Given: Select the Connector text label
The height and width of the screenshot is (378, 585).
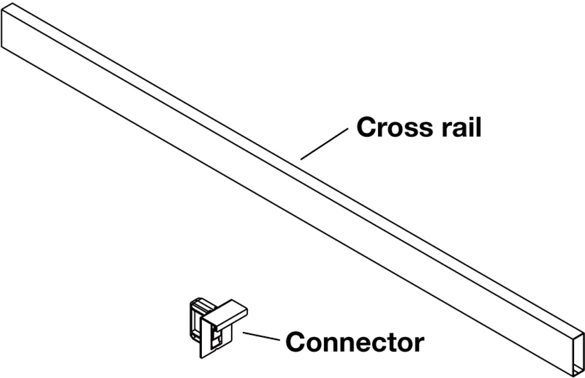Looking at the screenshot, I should point(355,342).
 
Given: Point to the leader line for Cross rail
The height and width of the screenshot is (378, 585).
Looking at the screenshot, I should point(324,143).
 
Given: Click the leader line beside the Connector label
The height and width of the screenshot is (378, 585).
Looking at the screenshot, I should point(262,337).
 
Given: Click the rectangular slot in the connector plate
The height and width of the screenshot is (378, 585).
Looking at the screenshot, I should point(216,339).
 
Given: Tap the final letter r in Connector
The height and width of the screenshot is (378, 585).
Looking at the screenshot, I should point(419,344).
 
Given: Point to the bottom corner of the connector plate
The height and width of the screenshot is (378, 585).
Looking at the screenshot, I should point(201,358).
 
